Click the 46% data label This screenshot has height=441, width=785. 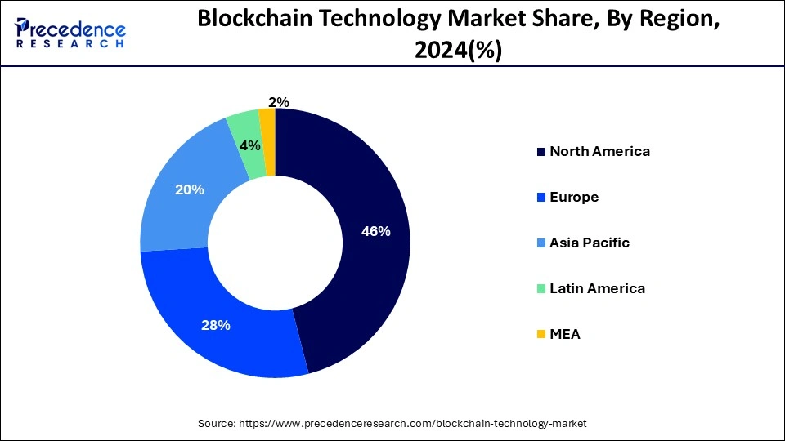point(375,231)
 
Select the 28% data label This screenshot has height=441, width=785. point(216,325)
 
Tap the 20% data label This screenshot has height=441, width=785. point(189,189)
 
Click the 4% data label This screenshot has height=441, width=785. point(249,145)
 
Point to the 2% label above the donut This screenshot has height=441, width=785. point(278,102)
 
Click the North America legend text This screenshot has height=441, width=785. point(599,151)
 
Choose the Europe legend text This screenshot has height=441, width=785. point(574,197)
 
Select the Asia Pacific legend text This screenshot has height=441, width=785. point(590,243)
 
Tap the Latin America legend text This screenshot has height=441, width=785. point(597,288)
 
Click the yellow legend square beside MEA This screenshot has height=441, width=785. point(541,335)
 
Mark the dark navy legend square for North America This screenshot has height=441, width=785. point(541,152)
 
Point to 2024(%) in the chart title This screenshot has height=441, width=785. point(458,51)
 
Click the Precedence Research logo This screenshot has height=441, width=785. point(70,32)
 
